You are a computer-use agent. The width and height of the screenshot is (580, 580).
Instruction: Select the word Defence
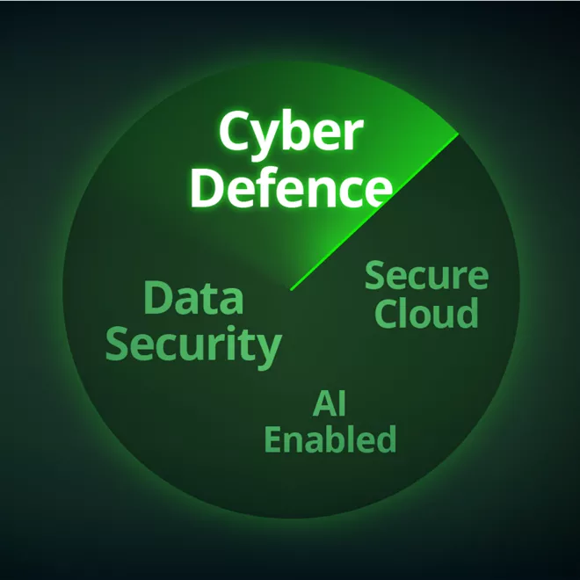point(292,187)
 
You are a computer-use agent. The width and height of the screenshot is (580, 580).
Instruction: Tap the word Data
point(193,298)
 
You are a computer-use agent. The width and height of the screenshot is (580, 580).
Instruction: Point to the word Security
point(194,347)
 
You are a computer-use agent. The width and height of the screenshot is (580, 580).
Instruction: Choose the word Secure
point(426,275)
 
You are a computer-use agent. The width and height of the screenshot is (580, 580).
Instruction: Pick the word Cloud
point(426,314)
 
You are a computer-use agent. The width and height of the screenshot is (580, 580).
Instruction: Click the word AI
point(330,404)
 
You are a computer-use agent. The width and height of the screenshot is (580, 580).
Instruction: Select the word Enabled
point(330,439)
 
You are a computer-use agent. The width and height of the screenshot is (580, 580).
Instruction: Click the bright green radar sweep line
point(374,212)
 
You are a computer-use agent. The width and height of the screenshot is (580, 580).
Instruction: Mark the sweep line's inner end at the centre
point(292,290)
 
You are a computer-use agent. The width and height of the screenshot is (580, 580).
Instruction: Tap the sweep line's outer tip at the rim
point(459,134)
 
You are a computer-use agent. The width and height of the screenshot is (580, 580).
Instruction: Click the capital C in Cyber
point(234,131)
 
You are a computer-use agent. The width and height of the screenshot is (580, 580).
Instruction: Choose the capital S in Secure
point(375,275)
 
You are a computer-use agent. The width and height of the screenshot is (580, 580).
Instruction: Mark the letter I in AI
point(342,404)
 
